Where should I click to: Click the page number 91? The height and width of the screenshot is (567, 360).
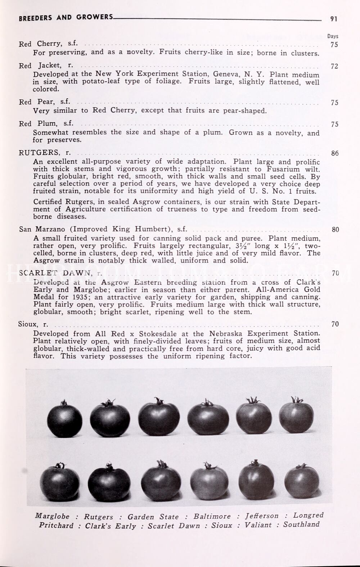(334, 19)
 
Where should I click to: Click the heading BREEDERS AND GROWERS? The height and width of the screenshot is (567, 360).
(66, 17)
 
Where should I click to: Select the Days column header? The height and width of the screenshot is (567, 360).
(333, 36)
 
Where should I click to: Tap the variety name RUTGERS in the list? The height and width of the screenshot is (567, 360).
(40, 153)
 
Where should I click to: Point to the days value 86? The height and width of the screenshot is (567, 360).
(335, 153)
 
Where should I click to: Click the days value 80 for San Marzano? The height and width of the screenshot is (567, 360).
(335, 229)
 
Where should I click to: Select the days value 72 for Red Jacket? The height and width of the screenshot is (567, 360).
(334, 66)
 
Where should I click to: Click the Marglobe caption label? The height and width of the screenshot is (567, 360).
(52, 516)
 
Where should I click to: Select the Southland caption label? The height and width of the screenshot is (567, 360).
(301, 524)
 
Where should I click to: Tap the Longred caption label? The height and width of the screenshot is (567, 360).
(309, 515)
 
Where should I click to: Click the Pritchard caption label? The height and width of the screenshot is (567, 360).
(56, 525)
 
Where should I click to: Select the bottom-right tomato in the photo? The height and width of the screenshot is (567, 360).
(302, 481)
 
